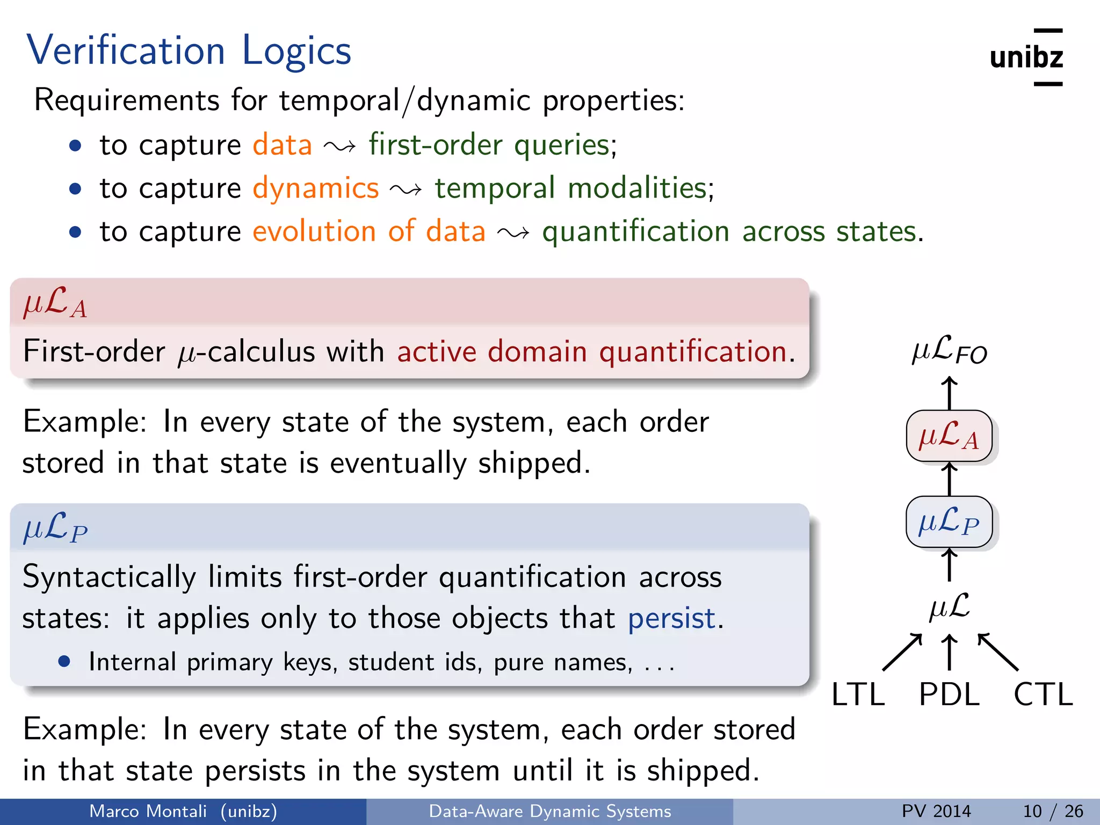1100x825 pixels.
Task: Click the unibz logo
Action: click(x=1026, y=57)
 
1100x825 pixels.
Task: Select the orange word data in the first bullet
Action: click(x=282, y=145)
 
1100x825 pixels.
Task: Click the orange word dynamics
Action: click(x=316, y=189)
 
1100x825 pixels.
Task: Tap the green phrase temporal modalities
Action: click(x=574, y=189)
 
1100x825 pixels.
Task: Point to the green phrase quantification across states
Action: click(x=732, y=232)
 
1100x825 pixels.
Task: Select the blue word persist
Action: click(x=671, y=618)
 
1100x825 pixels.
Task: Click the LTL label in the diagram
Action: click(x=858, y=694)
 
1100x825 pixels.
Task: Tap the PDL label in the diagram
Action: click(x=949, y=694)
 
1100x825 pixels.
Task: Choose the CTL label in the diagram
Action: click(x=1043, y=694)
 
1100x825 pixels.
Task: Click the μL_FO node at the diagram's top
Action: click(x=949, y=351)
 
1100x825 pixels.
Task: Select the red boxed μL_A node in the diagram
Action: click(x=949, y=436)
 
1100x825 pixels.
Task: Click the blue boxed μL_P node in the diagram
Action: click(x=949, y=522)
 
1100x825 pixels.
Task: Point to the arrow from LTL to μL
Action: click(x=902, y=652)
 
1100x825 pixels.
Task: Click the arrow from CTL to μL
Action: click(x=997, y=652)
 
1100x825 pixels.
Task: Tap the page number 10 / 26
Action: click(x=1053, y=811)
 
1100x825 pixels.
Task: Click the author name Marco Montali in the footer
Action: click(x=148, y=811)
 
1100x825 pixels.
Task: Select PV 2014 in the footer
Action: click(x=936, y=811)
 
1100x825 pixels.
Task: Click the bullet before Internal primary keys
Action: click(x=64, y=662)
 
